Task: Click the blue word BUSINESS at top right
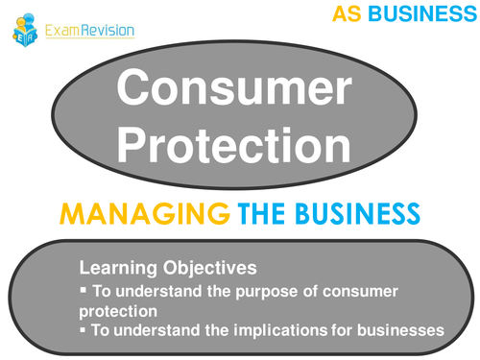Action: [x=418, y=14]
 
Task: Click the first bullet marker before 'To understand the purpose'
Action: [x=84, y=290]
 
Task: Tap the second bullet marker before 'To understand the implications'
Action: [x=84, y=330]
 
